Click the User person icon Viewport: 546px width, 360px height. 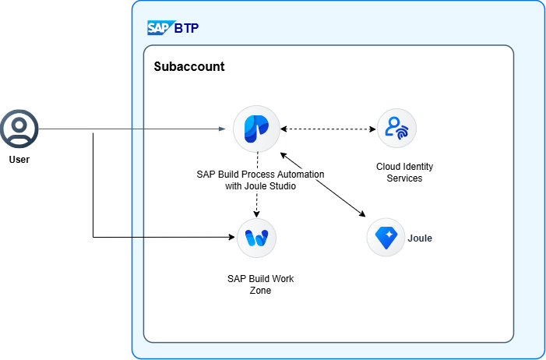click(x=19, y=128)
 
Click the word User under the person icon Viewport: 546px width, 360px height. click(x=19, y=159)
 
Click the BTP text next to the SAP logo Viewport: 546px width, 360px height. click(x=186, y=29)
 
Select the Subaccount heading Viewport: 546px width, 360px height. click(x=189, y=67)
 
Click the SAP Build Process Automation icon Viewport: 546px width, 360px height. click(x=256, y=129)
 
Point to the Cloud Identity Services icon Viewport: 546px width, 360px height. click(x=396, y=129)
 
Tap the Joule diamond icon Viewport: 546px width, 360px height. click(x=386, y=238)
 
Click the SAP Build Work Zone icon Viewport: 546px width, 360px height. click(x=256, y=238)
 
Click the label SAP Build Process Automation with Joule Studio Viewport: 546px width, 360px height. click(x=260, y=179)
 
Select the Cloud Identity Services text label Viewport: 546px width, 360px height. click(x=404, y=172)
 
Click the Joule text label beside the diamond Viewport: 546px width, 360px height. click(x=420, y=238)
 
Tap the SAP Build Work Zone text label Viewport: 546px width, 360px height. click(x=260, y=284)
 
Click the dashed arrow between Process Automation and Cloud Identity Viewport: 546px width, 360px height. click(x=326, y=129)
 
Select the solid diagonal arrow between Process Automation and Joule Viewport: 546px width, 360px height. click(x=322, y=184)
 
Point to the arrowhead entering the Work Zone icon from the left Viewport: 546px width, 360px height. click(x=231, y=237)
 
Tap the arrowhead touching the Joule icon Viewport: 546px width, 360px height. click(x=362, y=214)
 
